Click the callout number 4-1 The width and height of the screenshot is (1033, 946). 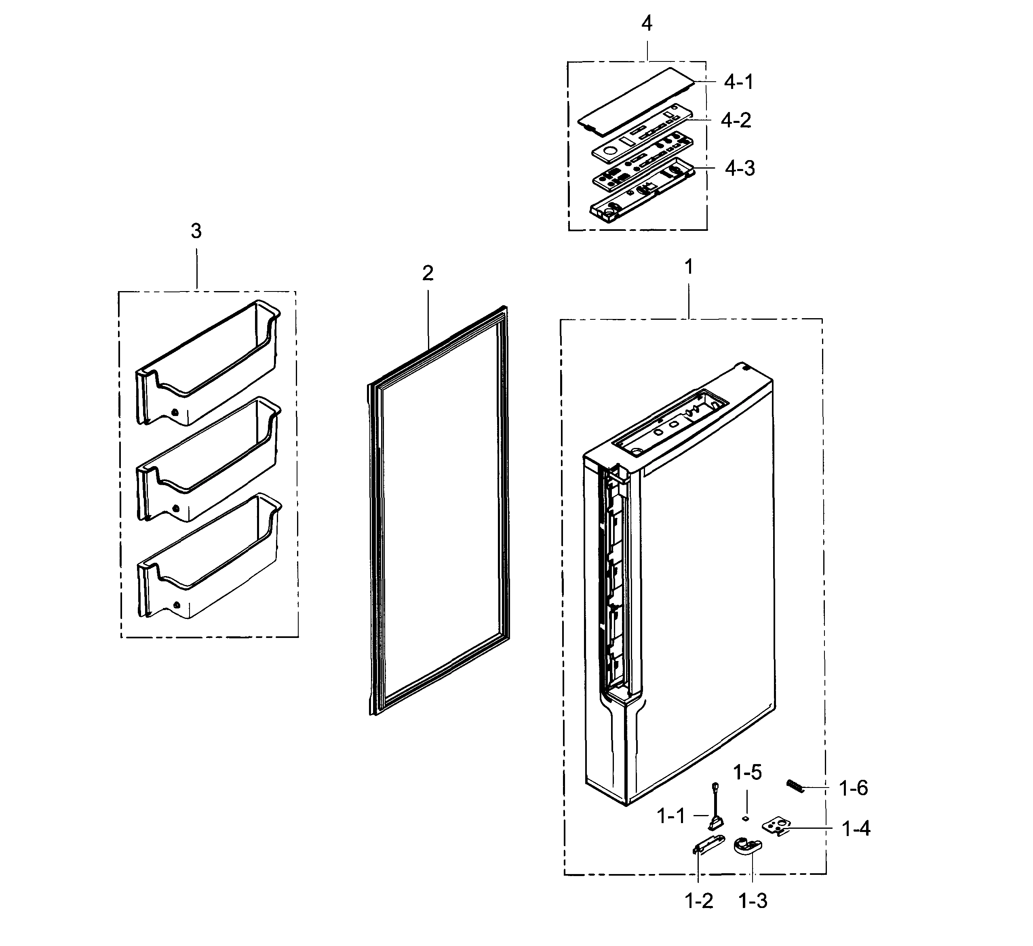[x=738, y=82]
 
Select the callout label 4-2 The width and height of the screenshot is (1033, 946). [x=736, y=120]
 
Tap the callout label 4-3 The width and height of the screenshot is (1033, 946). [x=740, y=169]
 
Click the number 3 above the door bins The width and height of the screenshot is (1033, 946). [x=196, y=231]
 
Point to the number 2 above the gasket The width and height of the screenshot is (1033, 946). [x=428, y=273]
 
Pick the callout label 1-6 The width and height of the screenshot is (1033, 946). [x=853, y=788]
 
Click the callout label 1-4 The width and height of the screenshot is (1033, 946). [x=856, y=829]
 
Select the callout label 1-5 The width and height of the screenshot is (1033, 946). [x=747, y=772]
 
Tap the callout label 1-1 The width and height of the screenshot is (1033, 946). [x=671, y=816]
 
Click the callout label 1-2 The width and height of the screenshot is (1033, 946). [x=699, y=900]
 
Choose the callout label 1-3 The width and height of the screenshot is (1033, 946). [x=753, y=900]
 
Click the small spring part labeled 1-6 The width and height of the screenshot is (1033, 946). [x=795, y=786]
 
